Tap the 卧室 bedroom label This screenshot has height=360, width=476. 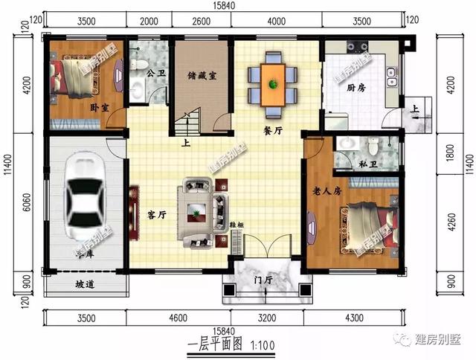(x=99, y=108)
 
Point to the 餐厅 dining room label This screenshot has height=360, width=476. (x=273, y=129)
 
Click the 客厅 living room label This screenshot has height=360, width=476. (x=156, y=216)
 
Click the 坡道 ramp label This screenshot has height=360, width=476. (x=85, y=284)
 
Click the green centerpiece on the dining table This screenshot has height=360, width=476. (x=273, y=83)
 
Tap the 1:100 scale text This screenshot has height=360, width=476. (x=264, y=344)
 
